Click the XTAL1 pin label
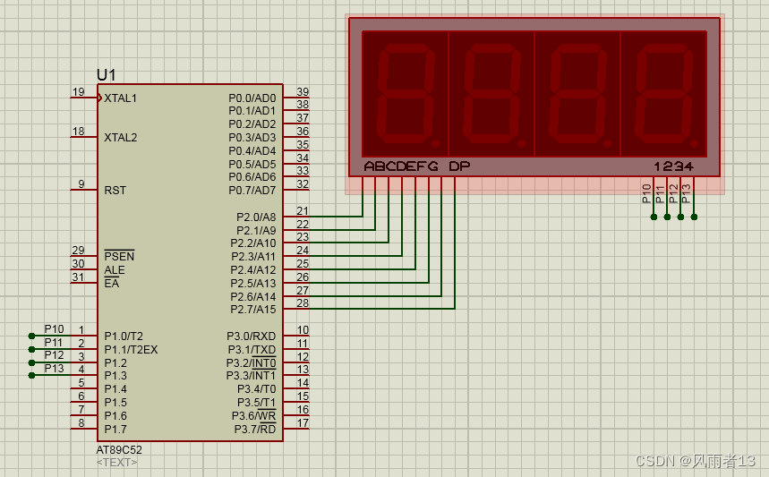121,98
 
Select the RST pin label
115,191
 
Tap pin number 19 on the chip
79,92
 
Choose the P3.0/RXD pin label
251,336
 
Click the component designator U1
106,75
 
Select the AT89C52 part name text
119,450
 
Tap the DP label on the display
458,166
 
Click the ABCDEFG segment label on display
401,166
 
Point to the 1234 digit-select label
673,166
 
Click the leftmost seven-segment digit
405,96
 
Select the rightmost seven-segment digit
663,96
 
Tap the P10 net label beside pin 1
54,329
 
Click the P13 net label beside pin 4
54,369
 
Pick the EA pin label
111,284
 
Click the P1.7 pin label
115,430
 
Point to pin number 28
303,304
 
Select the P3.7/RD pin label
255,430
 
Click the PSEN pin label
119,257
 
